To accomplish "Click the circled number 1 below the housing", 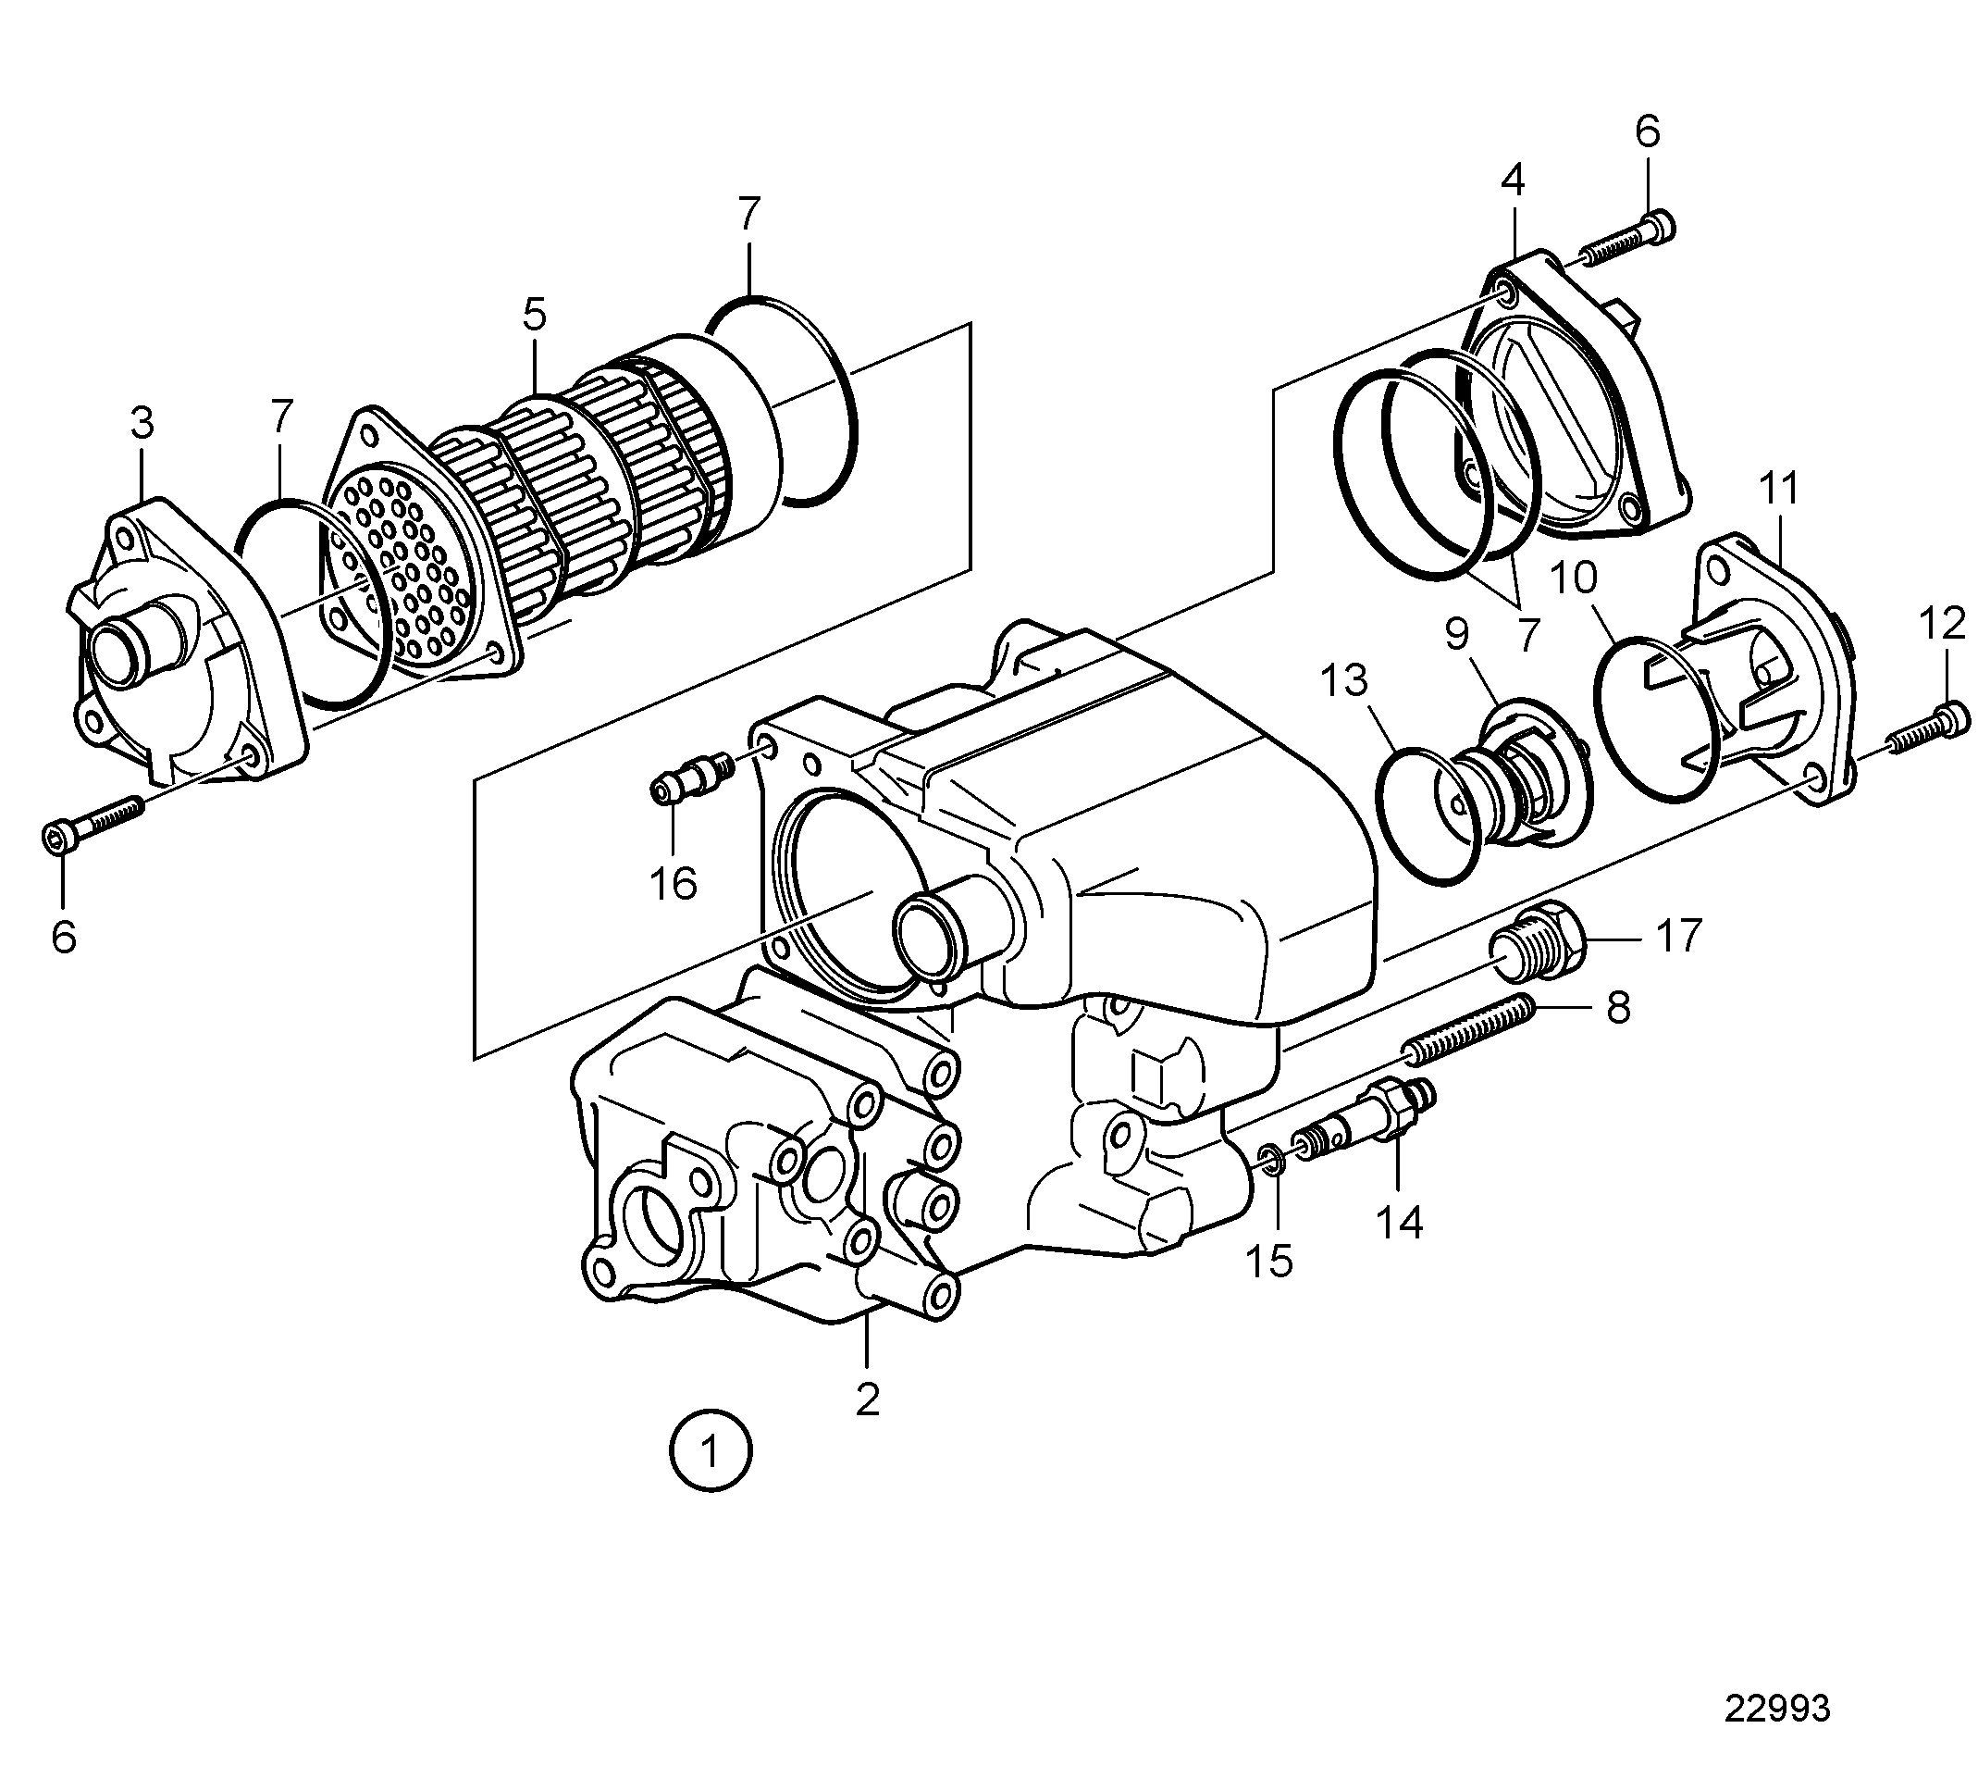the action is point(711,1452).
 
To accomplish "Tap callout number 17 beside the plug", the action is point(1679,937).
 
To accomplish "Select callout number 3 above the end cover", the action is point(142,423).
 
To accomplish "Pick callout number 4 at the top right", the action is point(1513,180).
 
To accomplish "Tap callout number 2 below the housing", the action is point(867,1399).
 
